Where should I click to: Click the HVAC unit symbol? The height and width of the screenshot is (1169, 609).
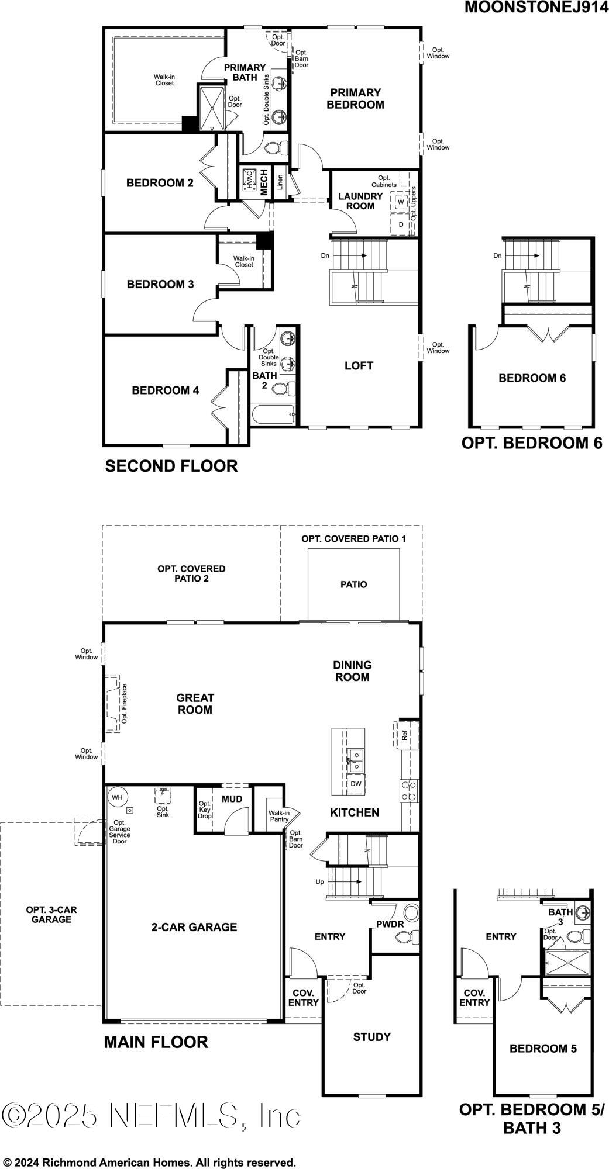click(248, 181)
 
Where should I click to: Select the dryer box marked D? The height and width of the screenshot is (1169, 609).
click(401, 224)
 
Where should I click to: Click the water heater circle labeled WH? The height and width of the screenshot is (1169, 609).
click(117, 797)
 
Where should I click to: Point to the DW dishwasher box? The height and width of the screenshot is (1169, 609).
click(356, 784)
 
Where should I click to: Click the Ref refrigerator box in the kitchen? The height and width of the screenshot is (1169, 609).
click(405, 735)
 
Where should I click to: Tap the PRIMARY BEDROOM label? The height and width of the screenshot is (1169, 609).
click(355, 98)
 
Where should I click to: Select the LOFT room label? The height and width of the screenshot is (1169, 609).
click(359, 366)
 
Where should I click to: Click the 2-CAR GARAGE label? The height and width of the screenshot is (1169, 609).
click(194, 927)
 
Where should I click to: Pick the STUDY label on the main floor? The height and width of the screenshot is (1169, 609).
click(371, 1037)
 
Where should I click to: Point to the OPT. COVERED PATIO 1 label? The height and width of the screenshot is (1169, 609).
click(353, 538)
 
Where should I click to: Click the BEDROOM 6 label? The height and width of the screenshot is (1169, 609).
click(532, 378)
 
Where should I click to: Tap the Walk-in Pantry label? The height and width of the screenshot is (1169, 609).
click(278, 816)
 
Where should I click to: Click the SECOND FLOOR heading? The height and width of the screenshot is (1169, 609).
click(171, 466)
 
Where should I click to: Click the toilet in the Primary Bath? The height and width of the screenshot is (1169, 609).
click(276, 147)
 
